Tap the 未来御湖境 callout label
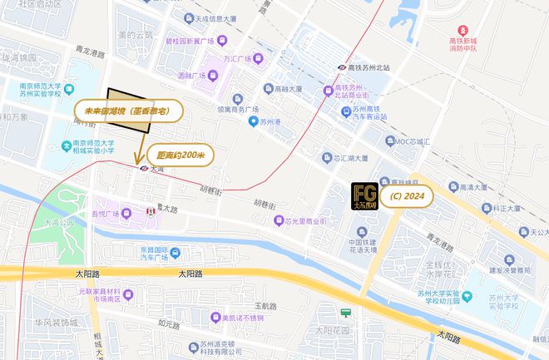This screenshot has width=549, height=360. [x=134, y=110]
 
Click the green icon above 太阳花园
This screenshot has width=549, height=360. [x=346, y=312]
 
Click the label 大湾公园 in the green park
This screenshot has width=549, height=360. [x=61, y=223]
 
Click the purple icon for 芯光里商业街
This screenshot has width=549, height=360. [x=280, y=220]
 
